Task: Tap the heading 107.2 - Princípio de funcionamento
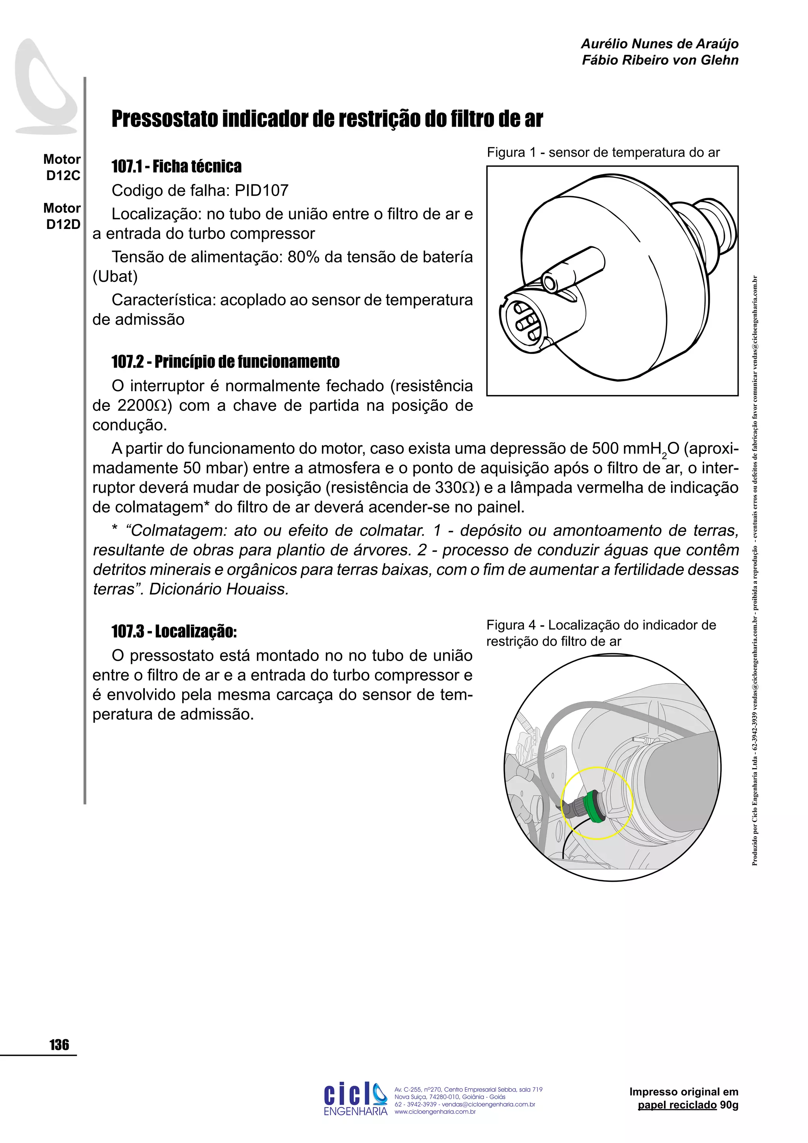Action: click(225, 362)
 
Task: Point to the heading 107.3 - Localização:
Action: click(174, 631)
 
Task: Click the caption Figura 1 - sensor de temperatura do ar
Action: click(603, 152)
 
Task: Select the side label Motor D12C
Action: click(62, 167)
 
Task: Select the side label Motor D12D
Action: click(62, 216)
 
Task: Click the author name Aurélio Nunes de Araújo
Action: click(659, 44)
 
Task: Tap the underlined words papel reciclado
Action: click(677, 1105)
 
